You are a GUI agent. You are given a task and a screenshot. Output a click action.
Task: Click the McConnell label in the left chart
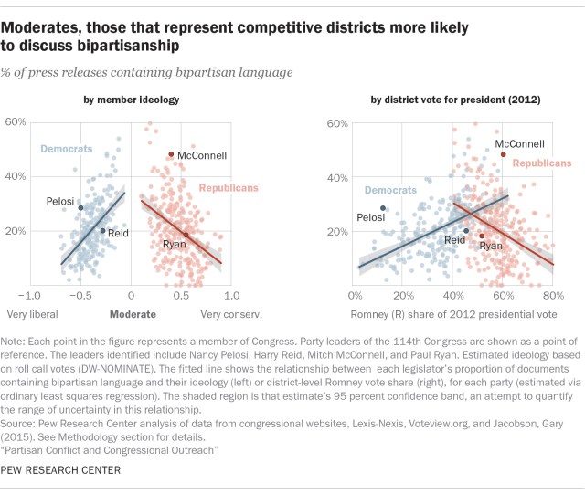(202, 155)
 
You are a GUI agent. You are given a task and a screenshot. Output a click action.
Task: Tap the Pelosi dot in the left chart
(80, 208)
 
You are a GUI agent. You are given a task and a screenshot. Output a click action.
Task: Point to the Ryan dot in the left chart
(186, 235)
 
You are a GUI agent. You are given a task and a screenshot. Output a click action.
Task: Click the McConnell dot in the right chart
(503, 154)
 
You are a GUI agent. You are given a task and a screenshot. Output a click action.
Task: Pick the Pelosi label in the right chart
(370, 217)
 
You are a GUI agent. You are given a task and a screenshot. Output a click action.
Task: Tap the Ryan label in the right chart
(491, 247)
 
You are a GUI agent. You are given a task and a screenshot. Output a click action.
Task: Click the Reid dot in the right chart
(466, 231)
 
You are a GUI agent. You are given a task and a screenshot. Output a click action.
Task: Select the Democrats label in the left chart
(65, 147)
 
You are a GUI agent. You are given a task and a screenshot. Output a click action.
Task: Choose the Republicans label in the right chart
(539, 163)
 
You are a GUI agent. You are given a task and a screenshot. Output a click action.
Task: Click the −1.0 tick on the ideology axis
(29, 296)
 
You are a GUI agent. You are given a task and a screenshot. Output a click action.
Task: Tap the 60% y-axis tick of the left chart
(15, 121)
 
